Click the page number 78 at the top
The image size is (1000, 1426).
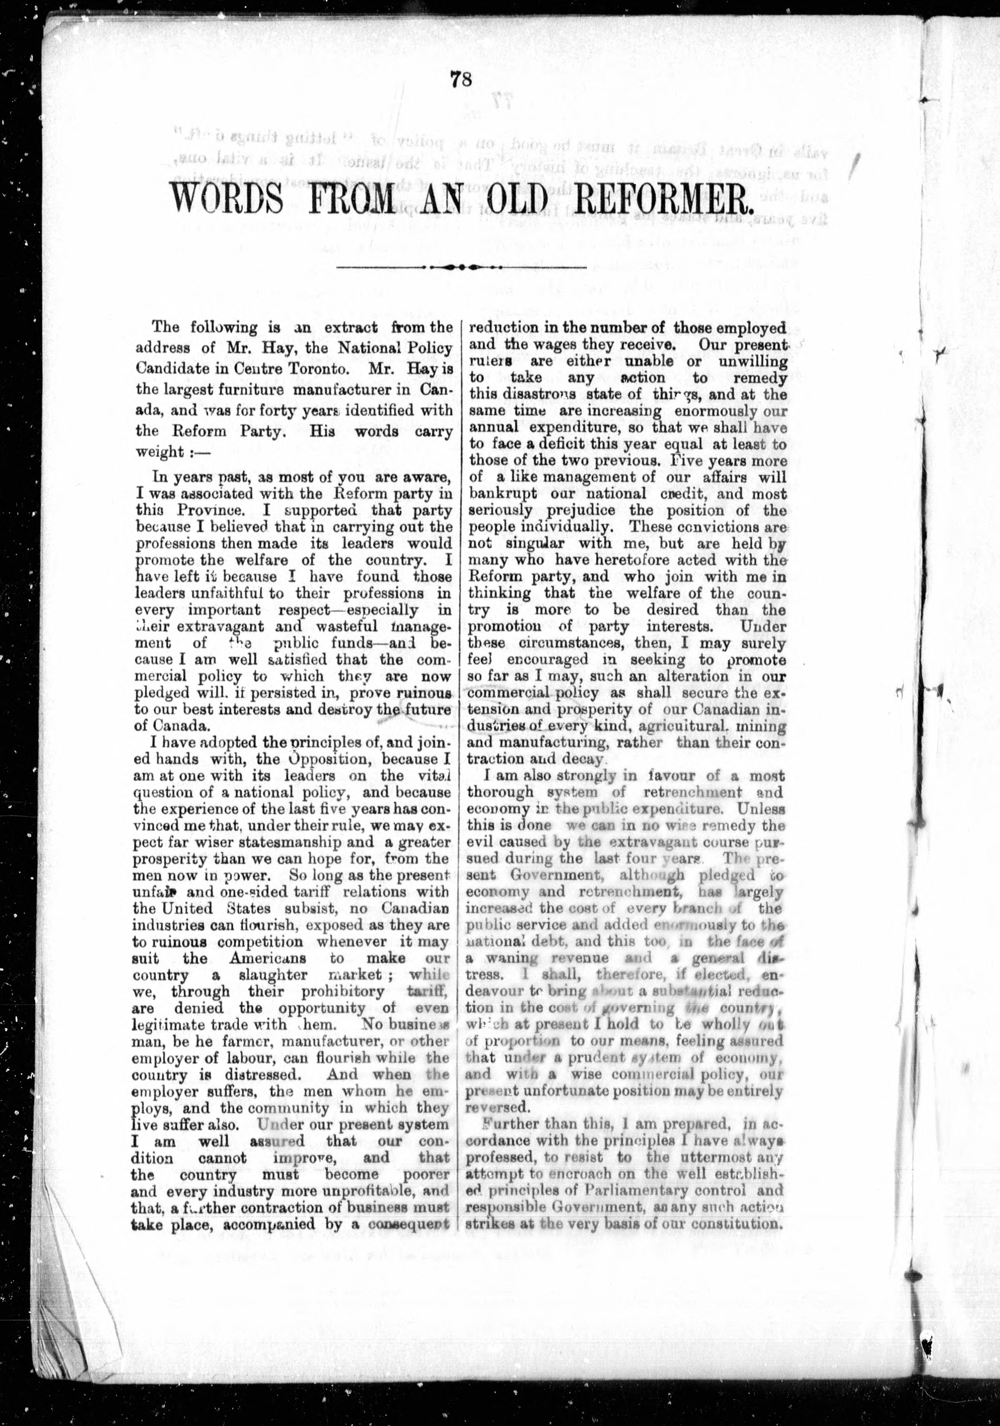point(462,80)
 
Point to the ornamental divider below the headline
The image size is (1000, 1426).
point(461,268)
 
